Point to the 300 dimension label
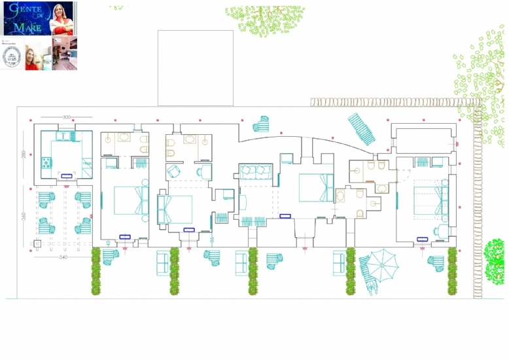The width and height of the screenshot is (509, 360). coord(66,117)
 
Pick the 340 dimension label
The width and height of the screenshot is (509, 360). coord(63,257)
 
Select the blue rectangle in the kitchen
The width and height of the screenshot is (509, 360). coord(67,175)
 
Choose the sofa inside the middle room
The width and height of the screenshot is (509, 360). coord(254,172)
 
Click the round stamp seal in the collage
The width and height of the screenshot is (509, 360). coord(12,57)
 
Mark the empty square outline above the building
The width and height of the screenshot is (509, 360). coord(196,67)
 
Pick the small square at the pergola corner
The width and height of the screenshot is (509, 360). coord(37,244)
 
